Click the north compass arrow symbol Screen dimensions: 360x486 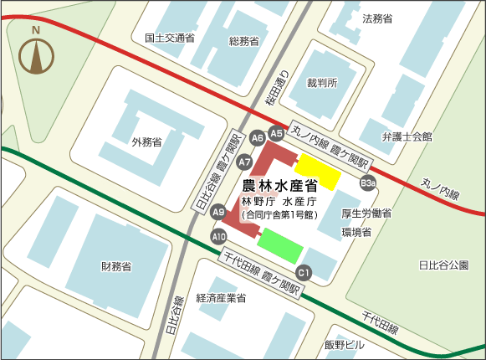[x=36, y=54]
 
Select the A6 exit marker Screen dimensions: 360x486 [x=257, y=137]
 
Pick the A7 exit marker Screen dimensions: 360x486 [x=245, y=161]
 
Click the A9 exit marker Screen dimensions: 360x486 [x=218, y=213]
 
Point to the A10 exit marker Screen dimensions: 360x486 [x=218, y=237]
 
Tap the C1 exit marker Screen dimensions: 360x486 [x=304, y=272]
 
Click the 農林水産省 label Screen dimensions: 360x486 [x=279, y=187]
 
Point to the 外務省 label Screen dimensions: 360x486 [x=146, y=141]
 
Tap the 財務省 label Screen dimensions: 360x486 [x=116, y=267]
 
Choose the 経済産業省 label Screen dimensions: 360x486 [x=221, y=297]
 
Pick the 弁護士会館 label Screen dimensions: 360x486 [x=407, y=136]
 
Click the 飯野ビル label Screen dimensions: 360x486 [x=345, y=344]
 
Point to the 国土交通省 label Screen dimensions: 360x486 [x=170, y=38]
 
